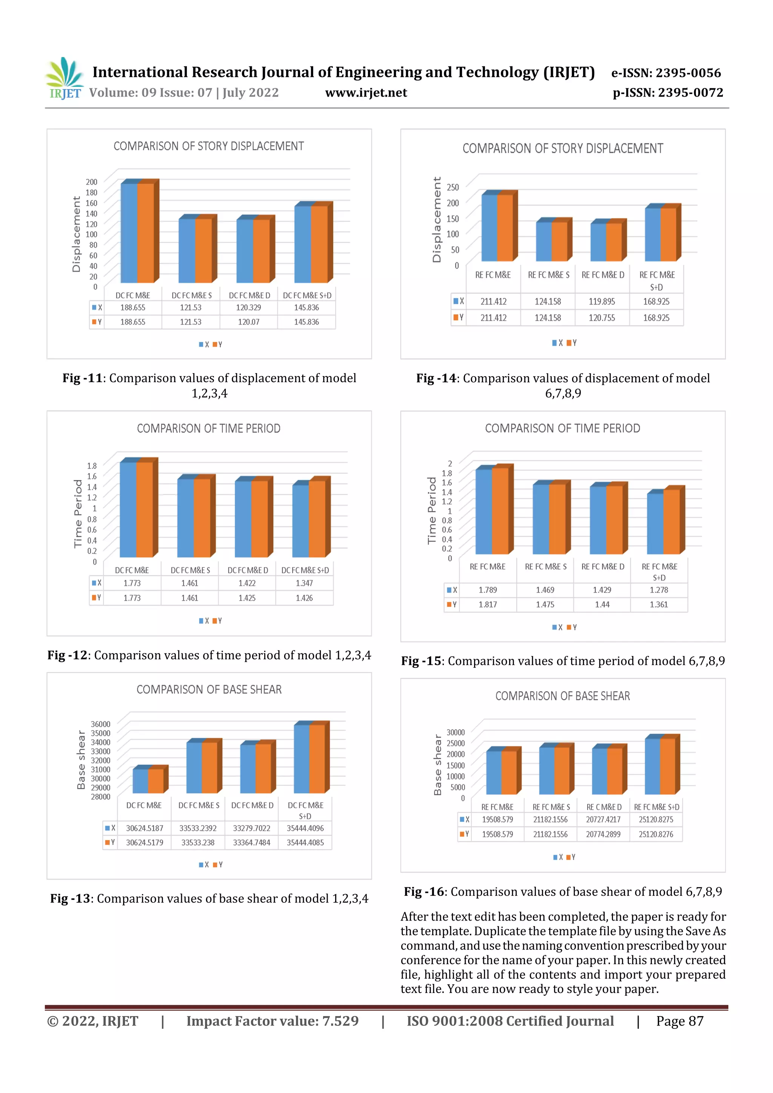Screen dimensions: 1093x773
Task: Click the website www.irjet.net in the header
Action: (366, 93)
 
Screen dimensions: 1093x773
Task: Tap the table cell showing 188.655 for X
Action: (132, 307)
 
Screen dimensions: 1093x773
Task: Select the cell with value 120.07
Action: (249, 322)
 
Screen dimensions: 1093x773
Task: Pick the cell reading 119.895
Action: (602, 302)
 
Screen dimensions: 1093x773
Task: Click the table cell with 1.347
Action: (304, 583)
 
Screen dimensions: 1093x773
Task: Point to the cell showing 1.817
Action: (488, 604)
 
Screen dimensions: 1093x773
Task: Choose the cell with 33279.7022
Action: (251, 828)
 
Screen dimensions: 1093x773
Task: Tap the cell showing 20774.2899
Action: (603, 834)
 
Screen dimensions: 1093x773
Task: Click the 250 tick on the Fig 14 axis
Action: (453, 187)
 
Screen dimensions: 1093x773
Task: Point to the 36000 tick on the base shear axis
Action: (100, 724)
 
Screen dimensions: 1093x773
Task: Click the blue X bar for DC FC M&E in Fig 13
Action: (140, 781)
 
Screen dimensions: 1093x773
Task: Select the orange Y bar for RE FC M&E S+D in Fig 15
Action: (671, 521)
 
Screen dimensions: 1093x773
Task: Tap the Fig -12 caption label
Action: (67, 655)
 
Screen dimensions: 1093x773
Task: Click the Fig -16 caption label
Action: (424, 892)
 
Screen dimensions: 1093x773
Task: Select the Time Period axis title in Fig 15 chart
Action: (431, 510)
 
